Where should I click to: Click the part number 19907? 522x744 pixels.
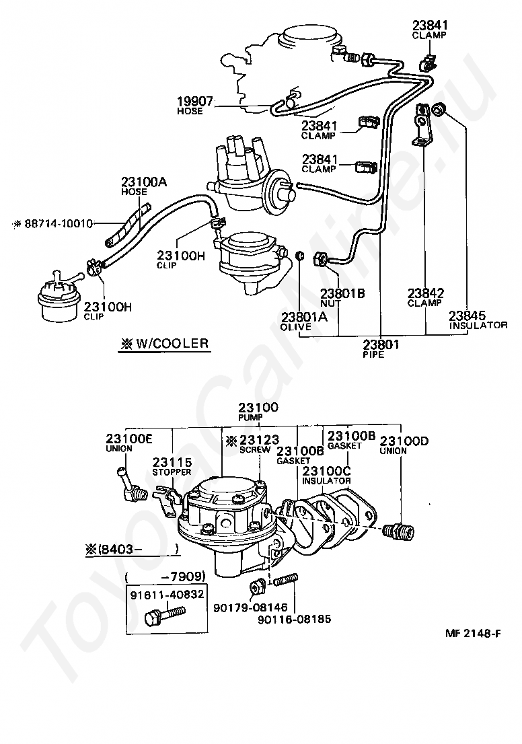pos(195,102)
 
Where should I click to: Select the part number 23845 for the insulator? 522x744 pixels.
pos(468,315)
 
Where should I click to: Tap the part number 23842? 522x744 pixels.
pos(426,293)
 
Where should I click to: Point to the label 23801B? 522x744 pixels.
pos(342,294)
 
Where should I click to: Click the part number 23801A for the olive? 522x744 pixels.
pos(304,317)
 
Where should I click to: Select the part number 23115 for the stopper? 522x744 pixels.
pos(172,462)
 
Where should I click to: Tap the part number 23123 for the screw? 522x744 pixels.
pos(259,440)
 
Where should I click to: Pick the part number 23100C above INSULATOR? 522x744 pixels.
pos(326,471)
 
